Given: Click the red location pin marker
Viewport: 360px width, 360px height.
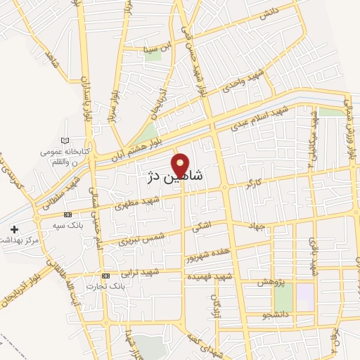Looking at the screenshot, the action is pos(181,164).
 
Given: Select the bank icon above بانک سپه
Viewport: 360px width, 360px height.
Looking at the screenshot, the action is pos(67,214).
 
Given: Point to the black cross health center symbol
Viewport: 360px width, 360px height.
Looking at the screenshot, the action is pos(15,229).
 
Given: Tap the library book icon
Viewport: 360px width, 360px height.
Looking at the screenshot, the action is pos(66,141).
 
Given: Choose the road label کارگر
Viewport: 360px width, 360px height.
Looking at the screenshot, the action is pos(253,186).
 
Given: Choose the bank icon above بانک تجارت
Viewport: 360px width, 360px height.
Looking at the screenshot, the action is pos(105,275).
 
